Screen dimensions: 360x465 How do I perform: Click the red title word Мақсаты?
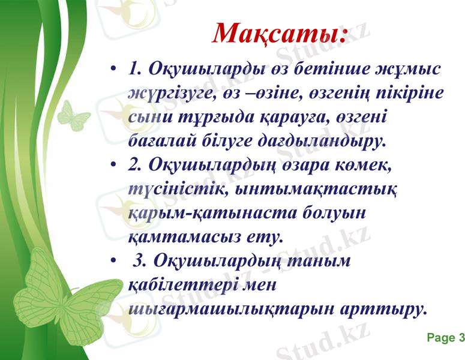(x=280, y=34)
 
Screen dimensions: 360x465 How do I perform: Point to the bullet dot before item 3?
(x=114, y=262)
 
